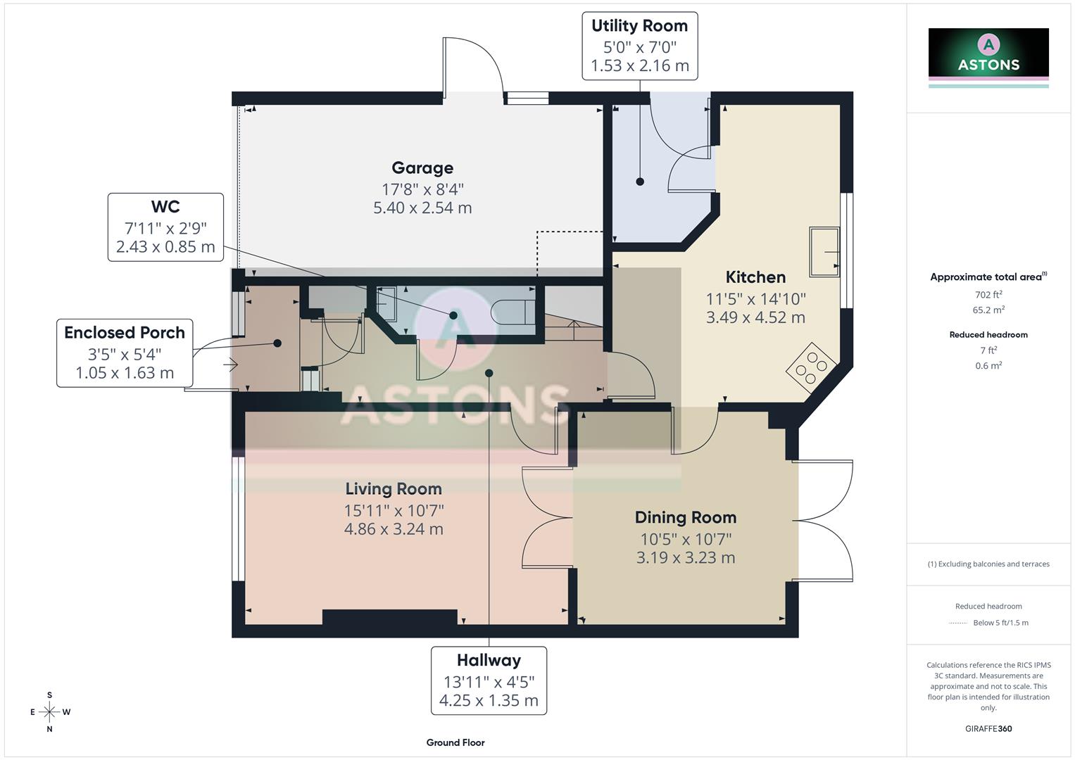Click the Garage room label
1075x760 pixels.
coord(422,168)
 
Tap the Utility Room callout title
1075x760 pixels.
coord(639,26)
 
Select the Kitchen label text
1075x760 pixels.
coord(755,277)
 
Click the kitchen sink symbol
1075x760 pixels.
coord(824,251)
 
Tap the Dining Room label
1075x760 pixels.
coord(685,518)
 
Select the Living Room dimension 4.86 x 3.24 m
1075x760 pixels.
coord(394,529)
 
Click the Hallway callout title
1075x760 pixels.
coord(489,661)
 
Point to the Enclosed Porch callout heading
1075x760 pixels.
coord(125,333)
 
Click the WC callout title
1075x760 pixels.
coord(165,207)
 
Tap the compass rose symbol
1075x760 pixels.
coord(49,712)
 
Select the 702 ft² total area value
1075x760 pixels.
coord(988,295)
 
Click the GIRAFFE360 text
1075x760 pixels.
coord(988,728)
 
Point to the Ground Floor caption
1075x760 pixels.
coord(455,742)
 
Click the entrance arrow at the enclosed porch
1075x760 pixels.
coord(231,365)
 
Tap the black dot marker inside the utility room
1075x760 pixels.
coord(640,182)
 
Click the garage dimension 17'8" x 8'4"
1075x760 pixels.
coord(422,189)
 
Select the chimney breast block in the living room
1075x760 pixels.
coord(389,617)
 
